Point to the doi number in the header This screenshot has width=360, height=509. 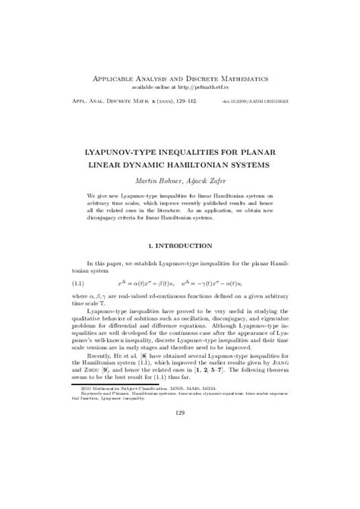click(x=262, y=100)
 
